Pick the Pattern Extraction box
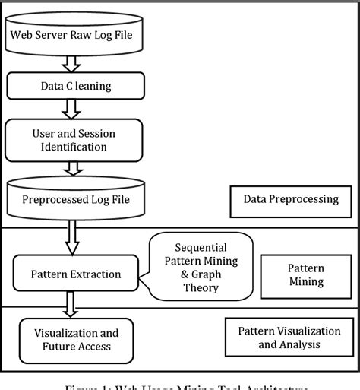click(77, 274)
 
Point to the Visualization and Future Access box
click(77, 340)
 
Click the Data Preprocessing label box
click(291, 200)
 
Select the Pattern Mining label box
click(306, 275)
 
